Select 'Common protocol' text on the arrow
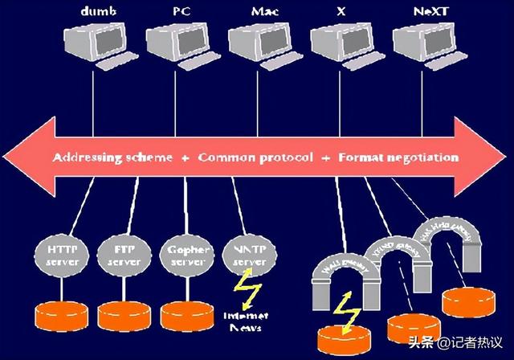point(255,157)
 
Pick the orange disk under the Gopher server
point(186,314)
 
